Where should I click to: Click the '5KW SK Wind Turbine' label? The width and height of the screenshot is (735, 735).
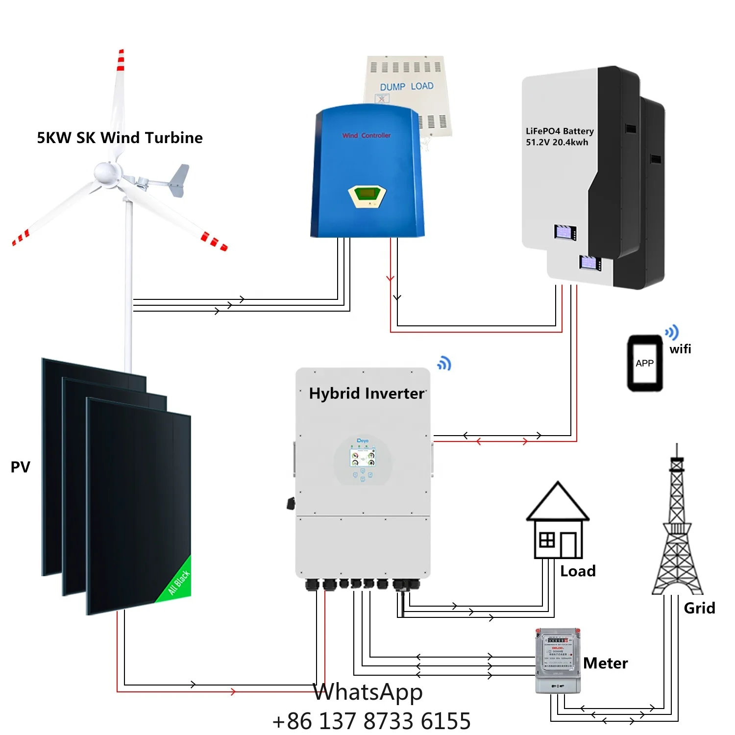click(120, 138)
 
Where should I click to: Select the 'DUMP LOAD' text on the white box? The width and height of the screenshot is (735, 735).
click(406, 87)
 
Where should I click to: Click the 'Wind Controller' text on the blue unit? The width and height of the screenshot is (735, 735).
click(367, 135)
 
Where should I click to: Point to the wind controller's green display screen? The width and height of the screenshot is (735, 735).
click(367, 194)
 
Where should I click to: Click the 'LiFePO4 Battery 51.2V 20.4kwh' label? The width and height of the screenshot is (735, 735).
click(560, 137)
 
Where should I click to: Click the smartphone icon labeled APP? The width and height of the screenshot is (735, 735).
click(645, 363)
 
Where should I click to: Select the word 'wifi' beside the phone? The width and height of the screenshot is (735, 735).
click(680, 349)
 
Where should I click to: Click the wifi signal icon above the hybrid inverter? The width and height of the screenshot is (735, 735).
click(444, 364)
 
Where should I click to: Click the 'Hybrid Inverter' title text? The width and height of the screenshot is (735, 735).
click(367, 393)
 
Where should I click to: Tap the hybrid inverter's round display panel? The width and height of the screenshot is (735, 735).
click(363, 459)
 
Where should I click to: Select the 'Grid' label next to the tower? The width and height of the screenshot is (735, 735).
click(699, 608)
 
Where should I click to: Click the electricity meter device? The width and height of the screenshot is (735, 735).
click(558, 660)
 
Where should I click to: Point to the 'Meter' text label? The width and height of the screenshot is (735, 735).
click(606, 663)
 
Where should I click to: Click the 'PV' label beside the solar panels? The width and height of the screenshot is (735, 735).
click(21, 467)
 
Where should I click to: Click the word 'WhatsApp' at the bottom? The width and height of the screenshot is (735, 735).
click(368, 692)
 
